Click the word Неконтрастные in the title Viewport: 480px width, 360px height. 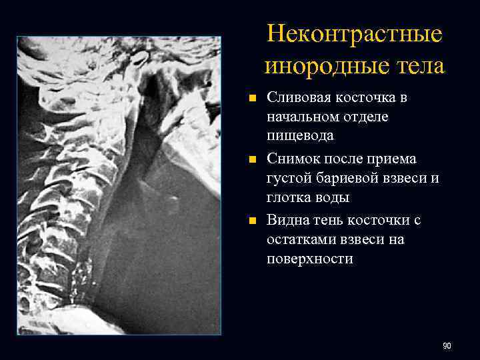355,35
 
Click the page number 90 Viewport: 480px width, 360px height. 447,345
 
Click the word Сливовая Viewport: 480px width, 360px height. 297,97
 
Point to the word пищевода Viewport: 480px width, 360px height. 301,136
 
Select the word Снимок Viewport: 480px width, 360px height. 293,159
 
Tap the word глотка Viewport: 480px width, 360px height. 288,198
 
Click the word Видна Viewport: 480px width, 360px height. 288,220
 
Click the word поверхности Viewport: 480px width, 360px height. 310,259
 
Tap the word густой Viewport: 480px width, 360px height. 289,178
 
